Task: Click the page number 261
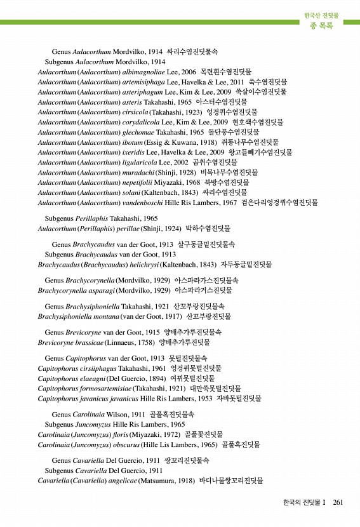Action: point(337,502)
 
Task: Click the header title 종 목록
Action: point(321,26)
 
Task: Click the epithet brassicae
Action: point(85,342)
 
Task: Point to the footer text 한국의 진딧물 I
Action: point(304,502)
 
